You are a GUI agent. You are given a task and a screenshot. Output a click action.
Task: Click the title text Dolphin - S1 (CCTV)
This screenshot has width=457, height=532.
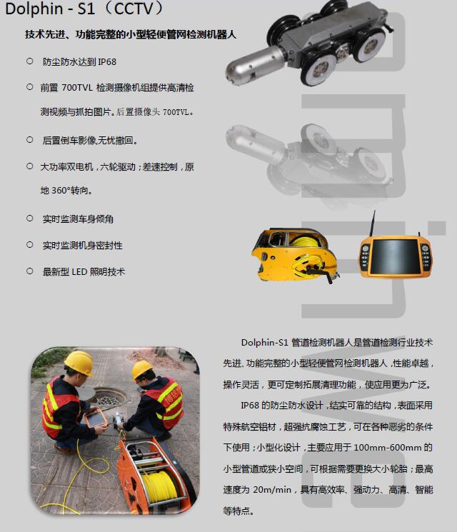[x=85, y=9]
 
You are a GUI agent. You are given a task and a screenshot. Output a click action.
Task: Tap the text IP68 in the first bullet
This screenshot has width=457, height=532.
[x=107, y=62]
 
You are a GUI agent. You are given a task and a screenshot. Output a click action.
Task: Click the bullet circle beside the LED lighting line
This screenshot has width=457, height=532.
[x=30, y=271]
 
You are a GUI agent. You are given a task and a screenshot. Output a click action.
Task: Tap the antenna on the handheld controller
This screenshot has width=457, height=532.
[x=373, y=224]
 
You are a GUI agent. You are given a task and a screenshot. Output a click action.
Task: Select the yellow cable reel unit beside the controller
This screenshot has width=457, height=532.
[x=295, y=254]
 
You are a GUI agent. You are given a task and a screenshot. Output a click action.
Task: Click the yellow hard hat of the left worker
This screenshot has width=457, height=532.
[x=79, y=363]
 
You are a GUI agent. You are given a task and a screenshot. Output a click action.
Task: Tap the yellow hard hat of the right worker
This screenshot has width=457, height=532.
[x=142, y=369]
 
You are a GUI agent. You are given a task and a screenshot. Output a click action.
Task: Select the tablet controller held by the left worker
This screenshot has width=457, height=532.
[x=96, y=418]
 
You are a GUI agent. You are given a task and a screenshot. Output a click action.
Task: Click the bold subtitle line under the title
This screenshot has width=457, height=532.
[x=131, y=34]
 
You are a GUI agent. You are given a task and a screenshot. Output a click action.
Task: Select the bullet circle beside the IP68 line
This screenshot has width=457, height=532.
[x=30, y=61]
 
